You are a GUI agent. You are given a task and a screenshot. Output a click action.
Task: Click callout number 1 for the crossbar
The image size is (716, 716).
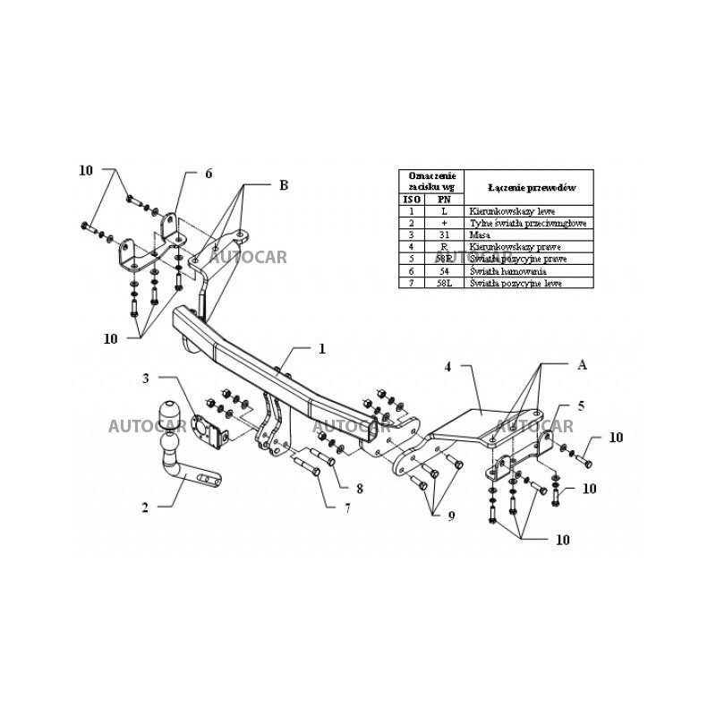[321, 348]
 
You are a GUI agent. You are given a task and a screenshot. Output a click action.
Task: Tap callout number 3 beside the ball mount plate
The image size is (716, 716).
[145, 378]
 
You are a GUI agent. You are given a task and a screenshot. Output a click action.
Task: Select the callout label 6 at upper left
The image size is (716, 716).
[209, 174]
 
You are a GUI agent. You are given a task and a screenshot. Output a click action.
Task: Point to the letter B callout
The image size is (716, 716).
[283, 185]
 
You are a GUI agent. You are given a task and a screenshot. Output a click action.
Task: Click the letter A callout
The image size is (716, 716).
[582, 364]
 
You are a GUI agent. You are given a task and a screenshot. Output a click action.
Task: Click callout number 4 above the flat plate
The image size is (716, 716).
[447, 366]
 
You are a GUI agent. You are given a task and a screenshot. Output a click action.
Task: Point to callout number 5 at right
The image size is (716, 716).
[580, 405]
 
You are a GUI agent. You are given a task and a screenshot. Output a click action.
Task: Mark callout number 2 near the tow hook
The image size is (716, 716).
[145, 508]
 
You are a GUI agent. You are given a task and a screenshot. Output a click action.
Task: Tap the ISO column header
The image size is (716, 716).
[412, 199]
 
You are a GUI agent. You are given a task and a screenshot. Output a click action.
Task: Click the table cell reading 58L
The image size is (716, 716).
[443, 282]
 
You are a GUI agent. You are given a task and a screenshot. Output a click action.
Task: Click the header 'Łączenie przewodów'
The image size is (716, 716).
[531, 187]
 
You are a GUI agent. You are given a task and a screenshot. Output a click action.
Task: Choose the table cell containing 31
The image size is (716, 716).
[443, 234]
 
